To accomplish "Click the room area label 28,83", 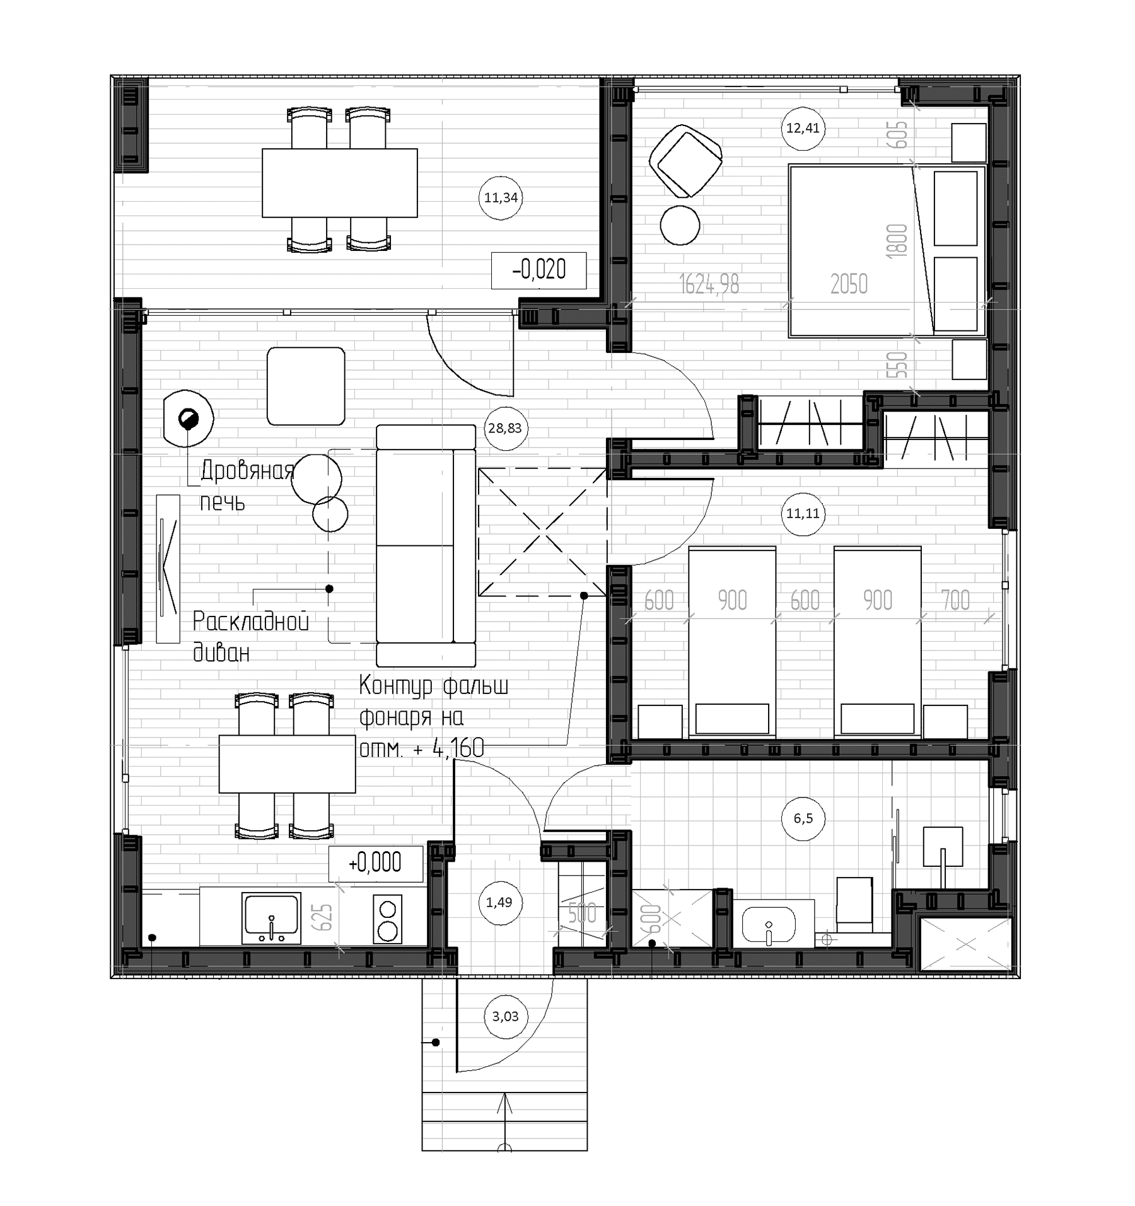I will pos(504,428).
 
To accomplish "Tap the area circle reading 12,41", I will pos(803,128).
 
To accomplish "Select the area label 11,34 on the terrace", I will pos(501,197).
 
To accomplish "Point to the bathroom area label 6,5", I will pos(803,818).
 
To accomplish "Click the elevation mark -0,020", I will pos(538,270).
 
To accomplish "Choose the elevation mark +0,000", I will pos(375,862).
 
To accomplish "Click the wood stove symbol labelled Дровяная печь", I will pos(188,418).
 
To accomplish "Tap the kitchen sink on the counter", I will pos(272,918).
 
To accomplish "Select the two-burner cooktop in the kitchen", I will pos(387,919).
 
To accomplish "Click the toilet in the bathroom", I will pos(854,903).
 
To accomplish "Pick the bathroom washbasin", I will pos(769,924).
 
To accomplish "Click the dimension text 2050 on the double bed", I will pos(849,284).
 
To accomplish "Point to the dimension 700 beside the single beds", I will pos(955,600).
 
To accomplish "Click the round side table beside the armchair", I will pos(680,225).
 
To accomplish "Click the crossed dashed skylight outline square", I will pos(542,531).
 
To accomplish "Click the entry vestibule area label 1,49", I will pos(499,902).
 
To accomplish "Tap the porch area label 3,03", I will pos(505,1016).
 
